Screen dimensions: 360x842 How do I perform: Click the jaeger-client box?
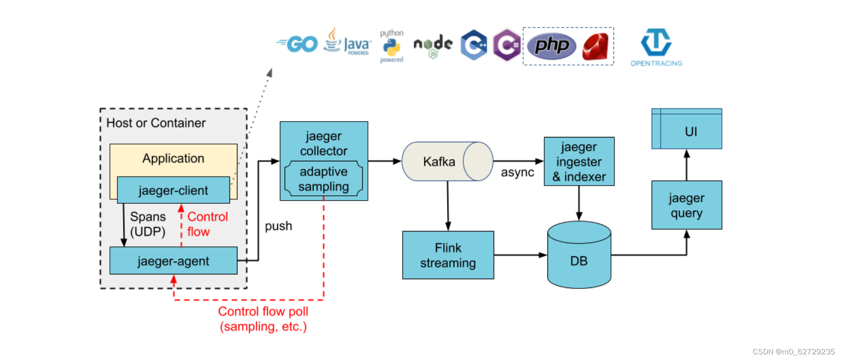[173, 190]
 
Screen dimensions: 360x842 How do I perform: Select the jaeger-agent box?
[173, 261]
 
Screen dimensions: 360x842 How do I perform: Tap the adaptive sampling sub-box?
[324, 179]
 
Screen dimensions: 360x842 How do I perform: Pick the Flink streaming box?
[448, 255]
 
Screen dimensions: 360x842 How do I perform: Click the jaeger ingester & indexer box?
[579, 161]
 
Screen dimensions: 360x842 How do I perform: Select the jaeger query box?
[686, 205]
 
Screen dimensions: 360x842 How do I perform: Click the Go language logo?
[298, 44]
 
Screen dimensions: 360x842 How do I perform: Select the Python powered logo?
[391, 46]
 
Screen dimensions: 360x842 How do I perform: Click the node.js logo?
[433, 46]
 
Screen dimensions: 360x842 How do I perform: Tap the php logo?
[551, 46]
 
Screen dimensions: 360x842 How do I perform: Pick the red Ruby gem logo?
[595, 46]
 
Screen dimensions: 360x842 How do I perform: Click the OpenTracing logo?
[656, 47]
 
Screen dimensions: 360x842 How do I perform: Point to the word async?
[517, 173]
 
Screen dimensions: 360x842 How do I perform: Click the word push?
[278, 226]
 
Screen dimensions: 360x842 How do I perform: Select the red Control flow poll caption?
[263, 319]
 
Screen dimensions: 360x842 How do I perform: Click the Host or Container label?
[156, 123]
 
